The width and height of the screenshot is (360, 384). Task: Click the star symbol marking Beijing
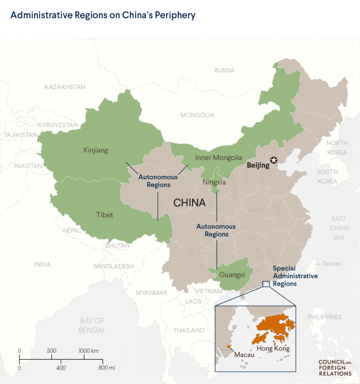click(274, 160)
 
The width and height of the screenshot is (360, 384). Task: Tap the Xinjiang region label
click(95, 150)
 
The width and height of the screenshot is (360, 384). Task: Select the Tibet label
click(105, 215)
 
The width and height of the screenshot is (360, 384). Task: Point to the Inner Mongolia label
click(219, 158)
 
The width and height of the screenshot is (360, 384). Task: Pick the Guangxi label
click(232, 275)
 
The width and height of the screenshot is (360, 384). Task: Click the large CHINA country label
click(189, 203)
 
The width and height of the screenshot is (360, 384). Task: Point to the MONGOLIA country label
click(197, 115)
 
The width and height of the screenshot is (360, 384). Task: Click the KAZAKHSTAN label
click(65, 87)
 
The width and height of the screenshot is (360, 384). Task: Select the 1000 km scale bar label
click(88, 351)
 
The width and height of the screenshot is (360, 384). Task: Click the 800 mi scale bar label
click(107, 368)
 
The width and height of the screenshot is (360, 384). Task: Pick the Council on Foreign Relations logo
click(335, 368)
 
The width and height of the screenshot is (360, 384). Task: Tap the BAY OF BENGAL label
click(92, 325)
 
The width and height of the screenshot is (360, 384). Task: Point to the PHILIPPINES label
click(324, 317)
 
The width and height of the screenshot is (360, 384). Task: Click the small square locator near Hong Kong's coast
click(266, 284)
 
